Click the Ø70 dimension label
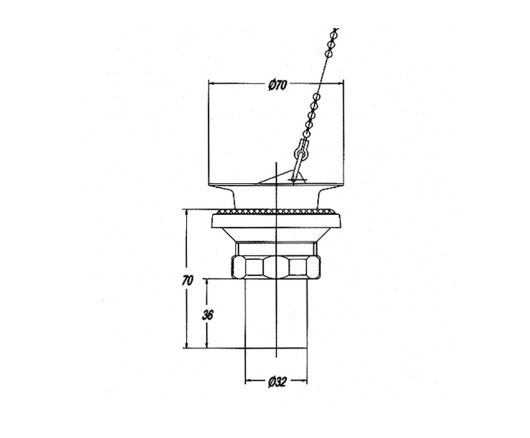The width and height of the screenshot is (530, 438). click(277, 85)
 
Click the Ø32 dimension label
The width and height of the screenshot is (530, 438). click(277, 382)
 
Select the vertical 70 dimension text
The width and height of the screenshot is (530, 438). click(187, 280)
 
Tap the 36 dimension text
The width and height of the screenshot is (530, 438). click(208, 315)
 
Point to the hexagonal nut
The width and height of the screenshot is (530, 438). click(276, 267)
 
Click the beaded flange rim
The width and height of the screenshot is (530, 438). click(276, 212)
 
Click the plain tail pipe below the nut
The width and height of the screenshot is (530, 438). click(276, 314)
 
